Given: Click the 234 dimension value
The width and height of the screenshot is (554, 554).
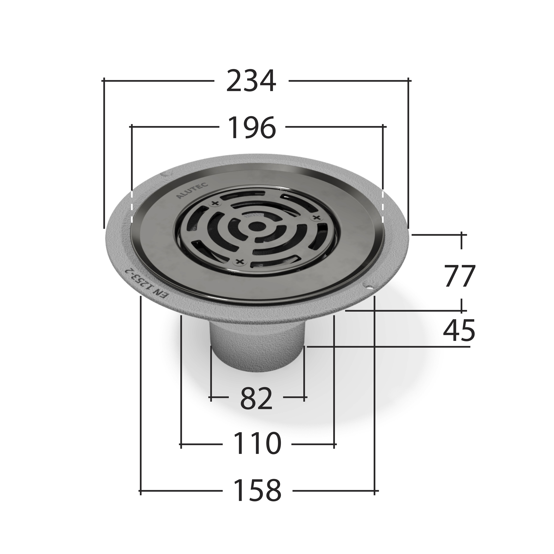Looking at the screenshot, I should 251,81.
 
